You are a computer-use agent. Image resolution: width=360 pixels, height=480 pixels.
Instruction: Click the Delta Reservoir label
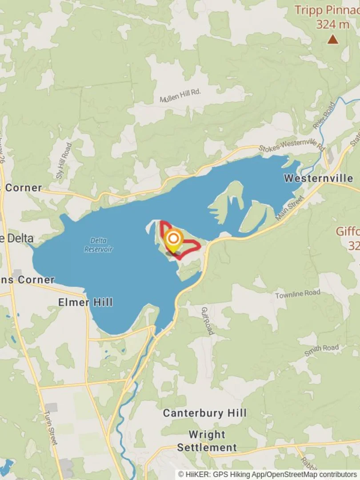click(x=98, y=244)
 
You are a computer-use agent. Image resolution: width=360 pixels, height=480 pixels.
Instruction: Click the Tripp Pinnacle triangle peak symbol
click(x=332, y=40)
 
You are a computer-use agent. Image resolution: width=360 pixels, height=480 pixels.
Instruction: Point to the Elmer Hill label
click(x=85, y=303)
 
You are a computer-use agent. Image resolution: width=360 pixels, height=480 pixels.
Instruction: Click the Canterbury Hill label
click(x=204, y=413)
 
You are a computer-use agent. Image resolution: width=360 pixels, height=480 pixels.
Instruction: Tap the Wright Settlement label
click(x=207, y=441)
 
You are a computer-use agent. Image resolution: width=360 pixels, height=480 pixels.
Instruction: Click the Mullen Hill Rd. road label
click(x=180, y=95)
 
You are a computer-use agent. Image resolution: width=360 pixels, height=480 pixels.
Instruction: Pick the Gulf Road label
click(x=208, y=320)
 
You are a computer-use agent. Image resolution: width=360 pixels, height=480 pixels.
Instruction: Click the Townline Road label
click(x=297, y=294)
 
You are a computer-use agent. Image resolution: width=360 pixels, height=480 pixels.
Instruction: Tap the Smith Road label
click(x=322, y=350)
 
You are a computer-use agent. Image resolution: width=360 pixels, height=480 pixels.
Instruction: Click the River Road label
click(x=324, y=116)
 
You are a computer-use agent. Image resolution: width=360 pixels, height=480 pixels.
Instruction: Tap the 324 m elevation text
click(x=332, y=24)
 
